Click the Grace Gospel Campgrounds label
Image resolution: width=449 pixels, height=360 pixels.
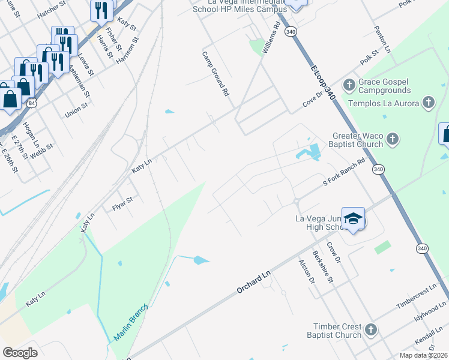pyautogui.click(x=384, y=86)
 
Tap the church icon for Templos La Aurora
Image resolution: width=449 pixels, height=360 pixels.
pyautogui.click(x=428, y=103)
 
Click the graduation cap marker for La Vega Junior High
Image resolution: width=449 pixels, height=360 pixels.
pyautogui.click(x=354, y=220)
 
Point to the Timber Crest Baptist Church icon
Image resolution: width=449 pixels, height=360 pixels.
pyautogui.click(x=371, y=330)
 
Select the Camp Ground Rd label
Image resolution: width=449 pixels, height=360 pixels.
pyautogui.click(x=215, y=74)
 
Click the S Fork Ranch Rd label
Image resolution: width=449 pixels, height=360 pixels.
pyautogui.click(x=344, y=173)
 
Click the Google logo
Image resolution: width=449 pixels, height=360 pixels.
pyautogui.click(x=20, y=353)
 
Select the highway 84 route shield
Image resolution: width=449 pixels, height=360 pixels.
pyautogui.click(x=31, y=103)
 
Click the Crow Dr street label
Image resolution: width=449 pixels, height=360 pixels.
pyautogui.click(x=334, y=253)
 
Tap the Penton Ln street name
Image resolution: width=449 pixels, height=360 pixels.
pyautogui.click(x=382, y=39)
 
